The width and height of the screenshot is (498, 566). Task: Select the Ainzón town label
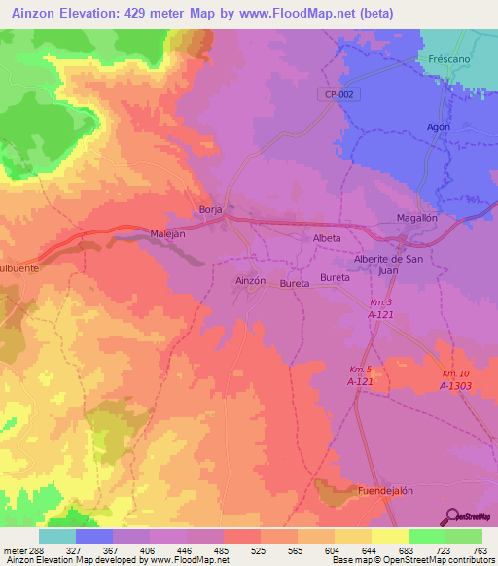point(250,280)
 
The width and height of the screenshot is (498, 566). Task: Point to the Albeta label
point(326,238)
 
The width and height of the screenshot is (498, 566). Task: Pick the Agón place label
point(439,127)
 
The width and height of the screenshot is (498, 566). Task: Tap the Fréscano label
point(449,59)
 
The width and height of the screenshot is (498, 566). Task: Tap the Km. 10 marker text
point(455,374)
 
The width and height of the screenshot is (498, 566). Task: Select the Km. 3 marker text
point(379,302)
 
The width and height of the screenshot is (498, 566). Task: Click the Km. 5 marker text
point(361,370)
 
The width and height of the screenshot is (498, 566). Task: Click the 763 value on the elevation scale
point(479,550)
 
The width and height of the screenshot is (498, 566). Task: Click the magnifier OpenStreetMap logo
point(452,516)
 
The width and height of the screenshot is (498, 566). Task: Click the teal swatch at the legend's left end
point(57,536)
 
